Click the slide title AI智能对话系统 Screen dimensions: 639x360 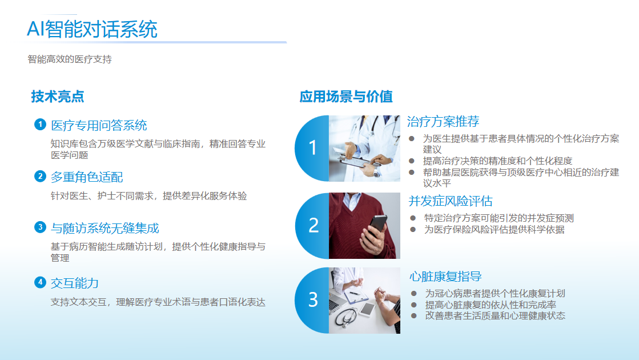coord(92,29)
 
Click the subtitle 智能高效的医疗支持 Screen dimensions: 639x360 coord(70,59)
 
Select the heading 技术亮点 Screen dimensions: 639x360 coord(58,97)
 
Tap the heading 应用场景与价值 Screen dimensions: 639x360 coord(346,97)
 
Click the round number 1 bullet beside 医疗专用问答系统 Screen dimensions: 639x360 coord(40,125)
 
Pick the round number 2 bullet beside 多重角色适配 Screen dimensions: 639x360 coord(40,176)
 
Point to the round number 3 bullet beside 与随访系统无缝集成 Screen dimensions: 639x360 coord(40,227)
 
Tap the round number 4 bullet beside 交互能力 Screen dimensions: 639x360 coord(40,282)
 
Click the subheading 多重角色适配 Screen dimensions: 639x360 coord(87,177)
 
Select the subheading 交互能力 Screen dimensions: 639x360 coord(75,283)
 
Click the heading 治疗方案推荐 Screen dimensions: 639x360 coord(443,122)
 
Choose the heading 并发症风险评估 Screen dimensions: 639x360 coord(451,201)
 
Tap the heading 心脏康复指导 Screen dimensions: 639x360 coord(445,277)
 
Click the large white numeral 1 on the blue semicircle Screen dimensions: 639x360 coord(312,147)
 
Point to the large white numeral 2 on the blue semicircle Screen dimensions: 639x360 coord(314,226)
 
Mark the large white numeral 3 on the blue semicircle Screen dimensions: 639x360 coord(313,299)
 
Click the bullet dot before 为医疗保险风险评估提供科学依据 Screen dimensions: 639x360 coord(413,230)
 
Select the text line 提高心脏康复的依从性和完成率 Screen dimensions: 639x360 coord(491,305)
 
